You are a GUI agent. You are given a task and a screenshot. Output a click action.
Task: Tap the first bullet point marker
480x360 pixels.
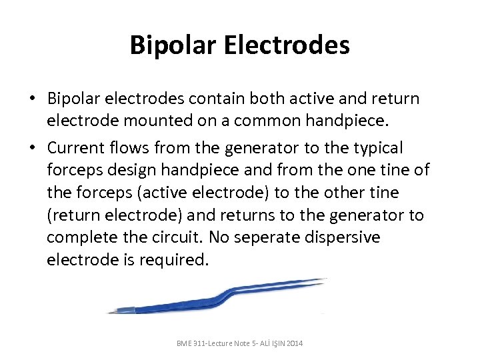click(32, 99)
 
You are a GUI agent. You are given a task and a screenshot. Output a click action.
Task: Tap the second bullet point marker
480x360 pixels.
click(32, 148)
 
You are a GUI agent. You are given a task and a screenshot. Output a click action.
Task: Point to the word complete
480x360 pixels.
click(77, 238)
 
